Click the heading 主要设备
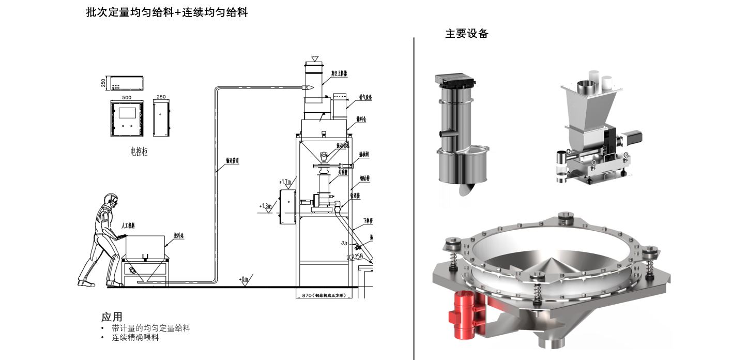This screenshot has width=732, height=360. [466, 34]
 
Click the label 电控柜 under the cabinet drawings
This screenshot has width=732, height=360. [139, 152]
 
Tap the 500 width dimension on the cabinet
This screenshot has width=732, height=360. [126, 97]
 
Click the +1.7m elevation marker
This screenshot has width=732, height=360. [285, 182]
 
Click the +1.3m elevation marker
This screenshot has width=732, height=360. [266, 206]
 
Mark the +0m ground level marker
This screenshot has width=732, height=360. [244, 279]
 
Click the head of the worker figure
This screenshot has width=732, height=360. [111, 200]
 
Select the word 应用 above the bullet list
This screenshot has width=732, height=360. [112, 317]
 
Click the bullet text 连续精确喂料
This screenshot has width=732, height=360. [135, 338]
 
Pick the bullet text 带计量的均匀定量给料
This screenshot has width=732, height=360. [151, 328]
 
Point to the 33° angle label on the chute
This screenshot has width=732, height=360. [344, 243]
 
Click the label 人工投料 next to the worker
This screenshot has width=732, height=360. [128, 226]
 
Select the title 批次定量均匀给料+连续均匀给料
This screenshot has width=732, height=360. [166, 13]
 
